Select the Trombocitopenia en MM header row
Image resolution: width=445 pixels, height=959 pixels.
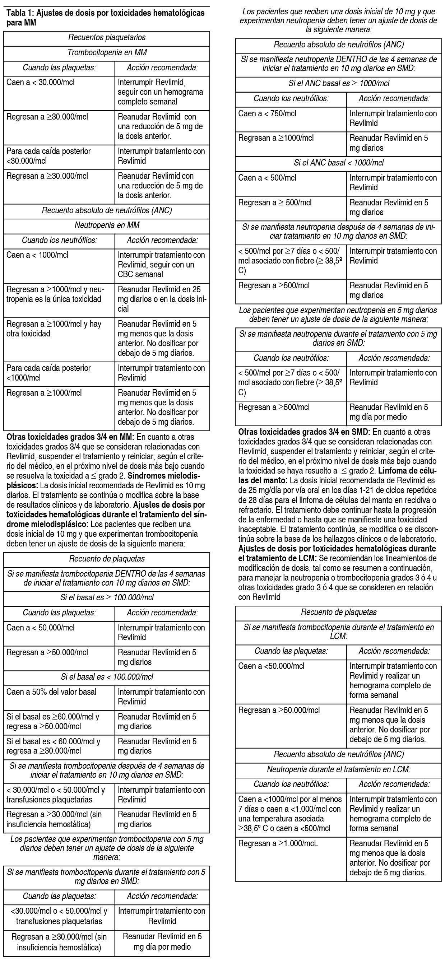click(107, 53)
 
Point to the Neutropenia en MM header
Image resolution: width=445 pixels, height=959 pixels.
click(107, 225)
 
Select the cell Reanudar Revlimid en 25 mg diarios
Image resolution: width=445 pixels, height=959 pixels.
click(162, 299)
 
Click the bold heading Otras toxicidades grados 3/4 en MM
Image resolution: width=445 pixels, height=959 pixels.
click(69, 437)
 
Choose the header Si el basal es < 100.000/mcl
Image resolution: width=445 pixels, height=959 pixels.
click(107, 677)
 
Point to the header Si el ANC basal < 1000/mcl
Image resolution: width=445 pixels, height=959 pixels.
click(338, 163)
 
